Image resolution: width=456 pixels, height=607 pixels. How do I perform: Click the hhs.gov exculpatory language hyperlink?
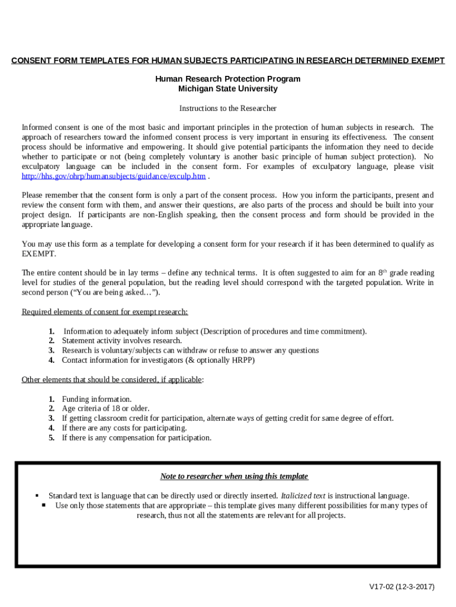coord(114,176)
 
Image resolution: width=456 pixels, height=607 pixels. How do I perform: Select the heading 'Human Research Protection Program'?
coord(227,79)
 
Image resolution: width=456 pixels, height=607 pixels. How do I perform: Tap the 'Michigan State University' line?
coord(227,89)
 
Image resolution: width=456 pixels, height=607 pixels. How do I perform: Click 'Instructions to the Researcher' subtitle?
coord(227,108)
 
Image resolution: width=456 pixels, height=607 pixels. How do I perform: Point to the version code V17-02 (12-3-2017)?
coord(402,587)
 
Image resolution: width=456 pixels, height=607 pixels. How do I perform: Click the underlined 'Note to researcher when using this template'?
coord(234,477)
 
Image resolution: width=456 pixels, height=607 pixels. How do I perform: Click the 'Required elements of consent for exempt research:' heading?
coord(105,312)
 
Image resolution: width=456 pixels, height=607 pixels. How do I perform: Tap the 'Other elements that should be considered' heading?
coord(111,379)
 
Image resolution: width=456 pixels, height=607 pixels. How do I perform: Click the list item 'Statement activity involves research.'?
coord(122,341)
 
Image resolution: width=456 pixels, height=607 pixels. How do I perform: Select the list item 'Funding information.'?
coord(97,400)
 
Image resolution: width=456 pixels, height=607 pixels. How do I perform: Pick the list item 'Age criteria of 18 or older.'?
coord(105,409)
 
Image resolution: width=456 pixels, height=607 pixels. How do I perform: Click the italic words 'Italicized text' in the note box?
coord(303,496)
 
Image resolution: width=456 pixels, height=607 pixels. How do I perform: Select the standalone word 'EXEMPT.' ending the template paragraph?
coord(40,254)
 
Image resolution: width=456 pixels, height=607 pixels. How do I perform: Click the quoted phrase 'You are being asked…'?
coord(126,293)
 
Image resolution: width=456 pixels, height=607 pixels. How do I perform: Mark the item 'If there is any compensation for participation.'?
coord(136,438)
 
